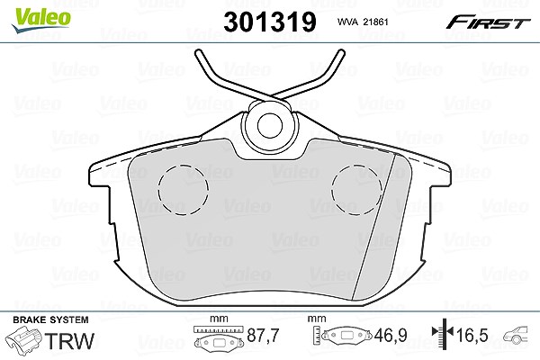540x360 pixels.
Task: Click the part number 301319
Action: (x=270, y=22)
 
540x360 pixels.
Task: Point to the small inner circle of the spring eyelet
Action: (x=270, y=125)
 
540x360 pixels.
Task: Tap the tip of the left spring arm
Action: (x=198, y=52)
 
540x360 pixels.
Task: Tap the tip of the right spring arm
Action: (x=341, y=52)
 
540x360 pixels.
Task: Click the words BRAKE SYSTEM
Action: (x=50, y=319)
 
